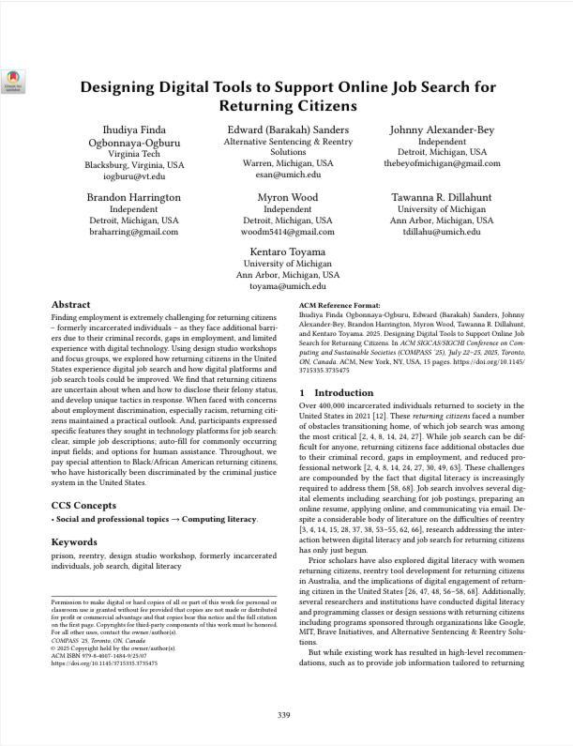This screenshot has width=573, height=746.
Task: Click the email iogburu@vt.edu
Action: pyautogui.click(x=133, y=175)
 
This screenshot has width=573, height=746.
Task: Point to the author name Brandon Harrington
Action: pyautogui.click(x=133, y=197)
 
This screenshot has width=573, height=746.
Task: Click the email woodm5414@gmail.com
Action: pyautogui.click(x=287, y=231)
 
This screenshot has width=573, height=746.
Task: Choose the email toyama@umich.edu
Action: pyautogui.click(x=287, y=286)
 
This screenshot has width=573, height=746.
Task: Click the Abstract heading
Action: pyautogui.click(x=70, y=305)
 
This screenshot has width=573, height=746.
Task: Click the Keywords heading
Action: pyautogui.click(x=75, y=542)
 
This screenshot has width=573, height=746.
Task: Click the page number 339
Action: pyautogui.click(x=285, y=716)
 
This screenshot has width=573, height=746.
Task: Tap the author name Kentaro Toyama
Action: pyautogui.click(x=287, y=251)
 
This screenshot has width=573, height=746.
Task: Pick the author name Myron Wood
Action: pyautogui.click(x=287, y=197)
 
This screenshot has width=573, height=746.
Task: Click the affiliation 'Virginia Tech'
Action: pyautogui.click(x=133, y=152)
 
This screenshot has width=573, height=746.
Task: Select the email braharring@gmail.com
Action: pyautogui.click(x=133, y=231)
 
